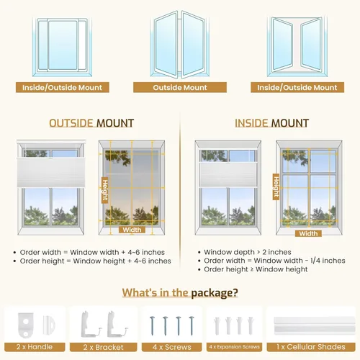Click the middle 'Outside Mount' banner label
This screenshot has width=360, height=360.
180,87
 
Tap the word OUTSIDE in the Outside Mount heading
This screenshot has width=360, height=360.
71,123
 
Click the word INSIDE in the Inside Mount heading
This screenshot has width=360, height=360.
251,123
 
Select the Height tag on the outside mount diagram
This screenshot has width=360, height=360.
105,190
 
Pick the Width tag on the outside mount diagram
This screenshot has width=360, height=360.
132,230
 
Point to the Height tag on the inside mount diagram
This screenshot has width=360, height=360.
276,186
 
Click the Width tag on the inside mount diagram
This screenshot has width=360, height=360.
308,233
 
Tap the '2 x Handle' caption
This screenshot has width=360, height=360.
35,347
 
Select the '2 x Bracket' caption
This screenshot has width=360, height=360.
104,347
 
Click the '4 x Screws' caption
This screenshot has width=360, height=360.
172,347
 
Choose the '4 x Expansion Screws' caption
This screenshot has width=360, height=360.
234,347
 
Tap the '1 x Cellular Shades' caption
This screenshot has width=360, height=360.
311,347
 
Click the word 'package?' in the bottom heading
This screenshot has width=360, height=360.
215,293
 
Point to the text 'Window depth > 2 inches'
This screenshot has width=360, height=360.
248,252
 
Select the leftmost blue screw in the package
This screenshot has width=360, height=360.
153,326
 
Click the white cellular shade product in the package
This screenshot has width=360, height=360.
314,325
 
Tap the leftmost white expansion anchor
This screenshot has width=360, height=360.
217,325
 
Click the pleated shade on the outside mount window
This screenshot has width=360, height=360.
51,172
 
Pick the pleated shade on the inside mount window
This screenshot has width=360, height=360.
228,174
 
